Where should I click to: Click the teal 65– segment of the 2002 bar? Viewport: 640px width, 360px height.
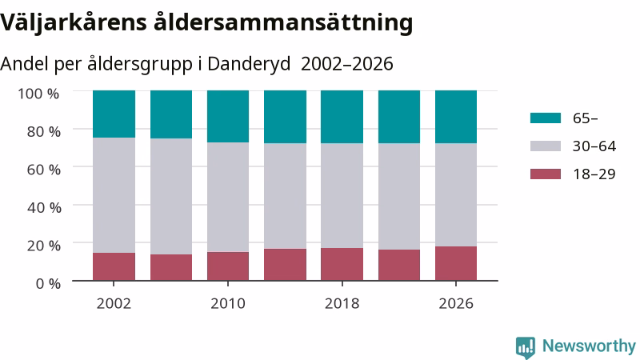point(114,114)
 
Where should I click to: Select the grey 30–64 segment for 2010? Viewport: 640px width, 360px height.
point(228,197)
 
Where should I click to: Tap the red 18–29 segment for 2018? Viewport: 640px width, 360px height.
point(342,264)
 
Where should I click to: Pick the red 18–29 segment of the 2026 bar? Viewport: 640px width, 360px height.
point(456,263)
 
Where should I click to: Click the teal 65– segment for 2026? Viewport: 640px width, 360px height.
point(456,117)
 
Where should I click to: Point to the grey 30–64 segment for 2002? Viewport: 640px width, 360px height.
point(114,195)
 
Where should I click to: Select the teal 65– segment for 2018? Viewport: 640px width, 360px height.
point(342,117)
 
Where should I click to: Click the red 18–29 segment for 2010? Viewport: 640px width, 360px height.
point(228,266)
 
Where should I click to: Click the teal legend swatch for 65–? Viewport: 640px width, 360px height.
point(546,118)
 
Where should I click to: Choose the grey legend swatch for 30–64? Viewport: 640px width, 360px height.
point(546,146)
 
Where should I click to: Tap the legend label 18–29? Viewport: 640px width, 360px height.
point(594,174)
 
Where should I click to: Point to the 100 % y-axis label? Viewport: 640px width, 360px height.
point(38,94)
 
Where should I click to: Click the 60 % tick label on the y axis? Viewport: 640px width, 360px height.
point(44,170)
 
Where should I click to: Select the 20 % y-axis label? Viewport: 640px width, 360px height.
point(44,246)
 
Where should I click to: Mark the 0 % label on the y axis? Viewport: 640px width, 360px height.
point(48,283)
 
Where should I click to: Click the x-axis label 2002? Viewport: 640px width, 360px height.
point(114,304)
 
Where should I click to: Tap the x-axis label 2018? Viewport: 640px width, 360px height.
point(342,304)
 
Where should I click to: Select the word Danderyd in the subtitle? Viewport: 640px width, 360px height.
point(249,64)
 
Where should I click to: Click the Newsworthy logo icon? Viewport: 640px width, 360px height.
point(526,347)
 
